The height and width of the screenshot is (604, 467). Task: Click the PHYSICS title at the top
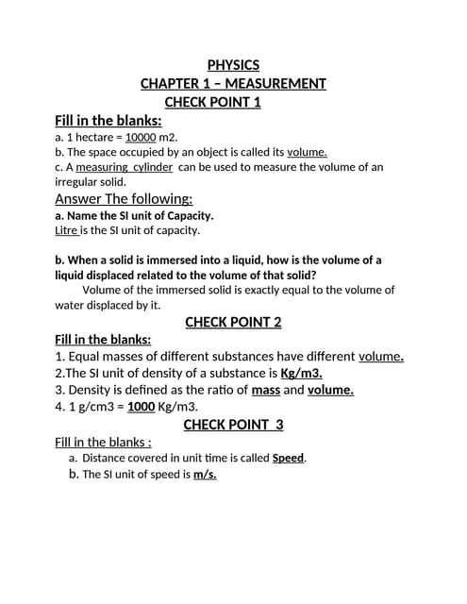(233, 65)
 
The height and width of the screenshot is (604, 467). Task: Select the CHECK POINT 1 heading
(212, 102)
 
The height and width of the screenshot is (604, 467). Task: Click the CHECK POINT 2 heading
(233, 322)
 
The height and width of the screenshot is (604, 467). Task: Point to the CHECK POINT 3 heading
(233, 425)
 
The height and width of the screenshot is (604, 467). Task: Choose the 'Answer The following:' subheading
(124, 198)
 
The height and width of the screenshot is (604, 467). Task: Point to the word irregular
(78, 181)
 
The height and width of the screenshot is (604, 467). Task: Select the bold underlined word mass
(265, 390)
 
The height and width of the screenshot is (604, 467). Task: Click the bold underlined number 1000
(141, 407)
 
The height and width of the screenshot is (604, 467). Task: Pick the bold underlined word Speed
(289, 458)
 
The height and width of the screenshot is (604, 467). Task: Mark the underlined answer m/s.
(205, 474)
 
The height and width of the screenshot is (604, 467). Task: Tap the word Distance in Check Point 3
(106, 458)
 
